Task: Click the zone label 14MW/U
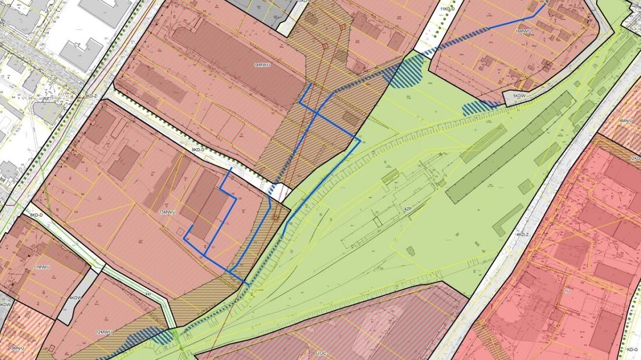pyautogui.click(x=262, y=64)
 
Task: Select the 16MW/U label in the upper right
pyautogui.click(x=523, y=31)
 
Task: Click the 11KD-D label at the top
pyautogui.click(x=447, y=9)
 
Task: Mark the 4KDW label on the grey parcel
pyautogui.click(x=75, y=298)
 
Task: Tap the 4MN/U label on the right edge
pyautogui.click(x=626, y=121)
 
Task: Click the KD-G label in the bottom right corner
pyautogui.click(x=633, y=350)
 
